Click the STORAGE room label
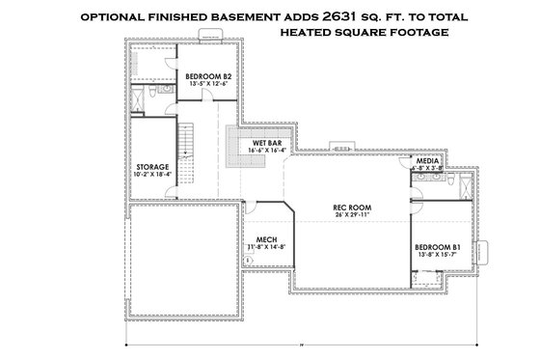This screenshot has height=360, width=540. click(152, 167)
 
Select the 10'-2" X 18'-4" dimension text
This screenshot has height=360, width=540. click(152, 175)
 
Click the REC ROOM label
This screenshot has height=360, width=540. click(352, 206)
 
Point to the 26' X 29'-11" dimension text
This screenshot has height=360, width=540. click(352, 214)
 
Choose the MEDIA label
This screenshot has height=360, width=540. click(427, 160)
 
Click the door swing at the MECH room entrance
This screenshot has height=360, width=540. click(249, 208)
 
